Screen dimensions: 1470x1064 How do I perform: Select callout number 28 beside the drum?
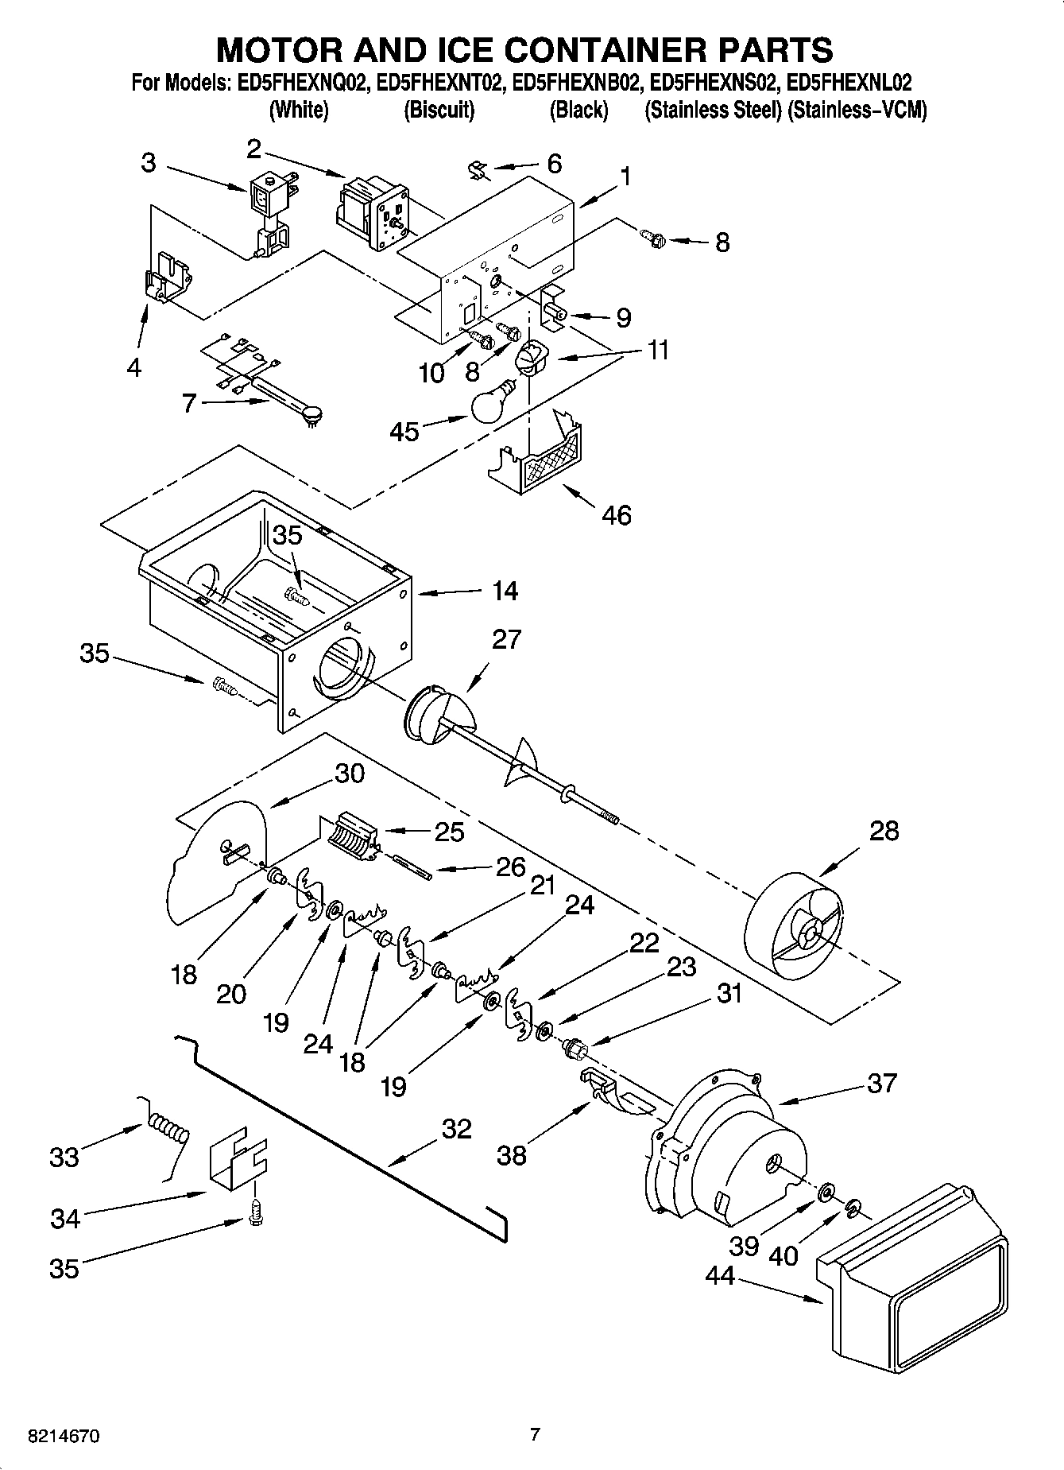pos(884,831)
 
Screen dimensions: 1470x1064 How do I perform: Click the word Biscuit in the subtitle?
pos(439,110)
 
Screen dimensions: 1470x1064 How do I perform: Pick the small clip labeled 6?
pos(478,170)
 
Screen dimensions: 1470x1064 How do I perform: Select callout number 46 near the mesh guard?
pos(617,515)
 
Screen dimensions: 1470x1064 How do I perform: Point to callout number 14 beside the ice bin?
pos(505,591)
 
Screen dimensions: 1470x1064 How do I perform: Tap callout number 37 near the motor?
pos(882,1083)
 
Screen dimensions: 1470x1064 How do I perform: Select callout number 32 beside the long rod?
pos(456,1129)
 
